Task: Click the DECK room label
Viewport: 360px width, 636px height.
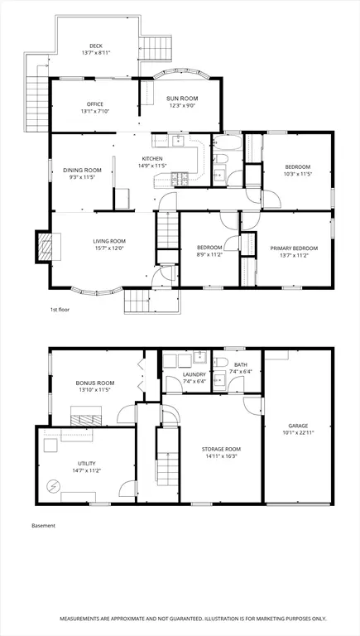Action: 96,46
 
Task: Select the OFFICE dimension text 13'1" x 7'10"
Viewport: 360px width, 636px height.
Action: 95,111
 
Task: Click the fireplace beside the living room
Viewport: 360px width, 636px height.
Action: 45,247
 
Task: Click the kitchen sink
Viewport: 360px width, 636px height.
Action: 178,141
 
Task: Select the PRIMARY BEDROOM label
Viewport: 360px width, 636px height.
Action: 294,248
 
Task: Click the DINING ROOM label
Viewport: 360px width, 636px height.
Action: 82,171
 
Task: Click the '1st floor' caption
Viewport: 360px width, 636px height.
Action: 60,310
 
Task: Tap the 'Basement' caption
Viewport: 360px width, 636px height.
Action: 43,526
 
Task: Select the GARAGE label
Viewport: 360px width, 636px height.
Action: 299,426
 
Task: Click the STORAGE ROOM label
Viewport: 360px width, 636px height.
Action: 221,449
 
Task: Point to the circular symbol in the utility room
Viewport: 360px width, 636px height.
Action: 53,485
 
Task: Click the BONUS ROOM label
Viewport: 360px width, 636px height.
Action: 95,383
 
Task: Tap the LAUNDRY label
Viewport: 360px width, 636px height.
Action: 194,374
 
